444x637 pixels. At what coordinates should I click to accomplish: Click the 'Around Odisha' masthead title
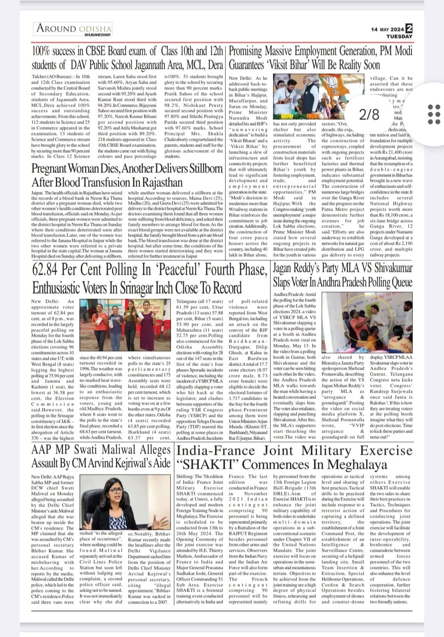(74, 28)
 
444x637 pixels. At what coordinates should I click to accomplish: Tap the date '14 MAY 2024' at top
(387, 30)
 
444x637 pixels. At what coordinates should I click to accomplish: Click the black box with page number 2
(409, 28)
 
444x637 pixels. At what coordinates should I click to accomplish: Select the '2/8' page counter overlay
(369, 114)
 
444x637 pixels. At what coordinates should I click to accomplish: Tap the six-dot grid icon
(434, 114)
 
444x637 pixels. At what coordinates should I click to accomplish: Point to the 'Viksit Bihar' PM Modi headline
(320, 58)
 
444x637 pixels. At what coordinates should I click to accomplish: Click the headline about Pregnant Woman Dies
(127, 175)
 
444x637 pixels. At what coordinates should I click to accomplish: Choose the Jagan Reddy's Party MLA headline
(342, 275)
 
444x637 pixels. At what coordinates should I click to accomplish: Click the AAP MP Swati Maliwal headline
(101, 457)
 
